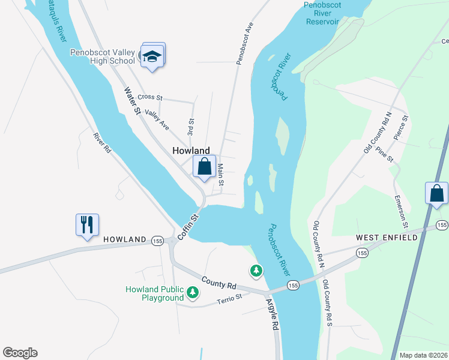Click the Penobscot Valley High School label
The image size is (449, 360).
pyautogui.click(x=103, y=56)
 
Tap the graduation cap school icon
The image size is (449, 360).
pyautogui.click(x=152, y=56)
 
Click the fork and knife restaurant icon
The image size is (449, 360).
pyautogui.click(x=87, y=225)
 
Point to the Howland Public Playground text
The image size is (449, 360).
pyautogui.click(x=154, y=293)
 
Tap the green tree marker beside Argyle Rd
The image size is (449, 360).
pyautogui.click(x=256, y=271)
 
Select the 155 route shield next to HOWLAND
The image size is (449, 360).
pyautogui.click(x=158, y=239)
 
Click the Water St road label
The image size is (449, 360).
pyautogui.click(x=132, y=101)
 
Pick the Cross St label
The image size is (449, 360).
pyautogui.click(x=150, y=97)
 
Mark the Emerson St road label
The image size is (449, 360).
pyautogui.click(x=401, y=211)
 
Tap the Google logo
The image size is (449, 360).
pyautogui.click(x=20, y=353)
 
